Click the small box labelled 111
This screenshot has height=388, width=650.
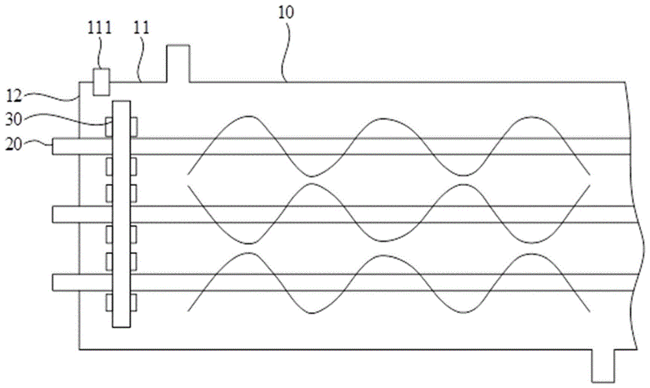click(x=100, y=81)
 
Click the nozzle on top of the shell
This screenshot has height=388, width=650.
click(x=178, y=64)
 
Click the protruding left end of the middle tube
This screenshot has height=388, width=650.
click(x=65, y=214)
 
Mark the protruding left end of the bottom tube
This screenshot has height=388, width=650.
click(x=65, y=282)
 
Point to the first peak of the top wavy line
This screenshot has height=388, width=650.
click(x=248, y=117)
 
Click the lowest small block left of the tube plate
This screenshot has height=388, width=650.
click(x=109, y=302)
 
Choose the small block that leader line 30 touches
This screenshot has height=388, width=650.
click(x=109, y=125)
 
